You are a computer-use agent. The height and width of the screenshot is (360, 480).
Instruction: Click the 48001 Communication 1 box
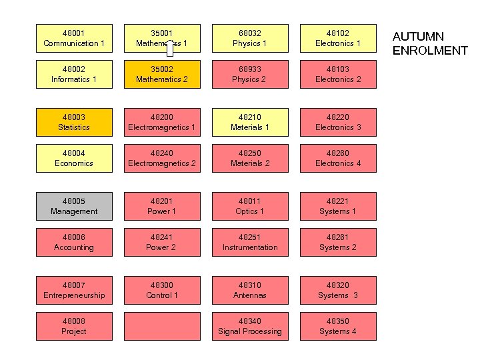[74, 38]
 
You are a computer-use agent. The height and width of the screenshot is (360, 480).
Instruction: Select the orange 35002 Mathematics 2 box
[162, 74]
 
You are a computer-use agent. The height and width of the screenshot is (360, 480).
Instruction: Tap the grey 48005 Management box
[74, 206]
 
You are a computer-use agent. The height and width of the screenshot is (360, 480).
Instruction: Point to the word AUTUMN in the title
[418, 37]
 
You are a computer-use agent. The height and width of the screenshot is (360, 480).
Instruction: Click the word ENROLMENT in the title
[429, 51]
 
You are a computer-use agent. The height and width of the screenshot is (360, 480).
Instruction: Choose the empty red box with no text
[162, 326]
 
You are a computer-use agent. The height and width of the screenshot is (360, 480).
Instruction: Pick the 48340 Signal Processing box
[250, 326]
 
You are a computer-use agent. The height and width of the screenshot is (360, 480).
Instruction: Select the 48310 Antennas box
[250, 290]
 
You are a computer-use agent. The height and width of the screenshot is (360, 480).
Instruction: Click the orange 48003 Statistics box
[74, 122]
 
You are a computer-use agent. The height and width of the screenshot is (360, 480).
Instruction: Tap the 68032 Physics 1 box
[250, 38]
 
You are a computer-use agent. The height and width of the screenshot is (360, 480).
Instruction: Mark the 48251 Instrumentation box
[250, 242]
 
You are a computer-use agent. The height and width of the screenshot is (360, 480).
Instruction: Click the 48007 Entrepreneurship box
[74, 290]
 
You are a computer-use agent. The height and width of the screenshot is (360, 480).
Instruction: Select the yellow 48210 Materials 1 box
[250, 122]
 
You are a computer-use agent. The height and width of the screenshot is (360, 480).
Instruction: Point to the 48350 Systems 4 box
[338, 326]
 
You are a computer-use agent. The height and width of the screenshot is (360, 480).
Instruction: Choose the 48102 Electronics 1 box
[338, 38]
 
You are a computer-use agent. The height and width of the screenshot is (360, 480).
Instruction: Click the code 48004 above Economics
[74, 153]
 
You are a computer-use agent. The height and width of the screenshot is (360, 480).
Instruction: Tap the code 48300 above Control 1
[162, 285]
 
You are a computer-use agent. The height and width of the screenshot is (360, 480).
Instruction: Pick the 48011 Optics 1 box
[250, 206]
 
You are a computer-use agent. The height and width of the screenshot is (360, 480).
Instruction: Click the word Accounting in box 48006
[74, 247]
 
